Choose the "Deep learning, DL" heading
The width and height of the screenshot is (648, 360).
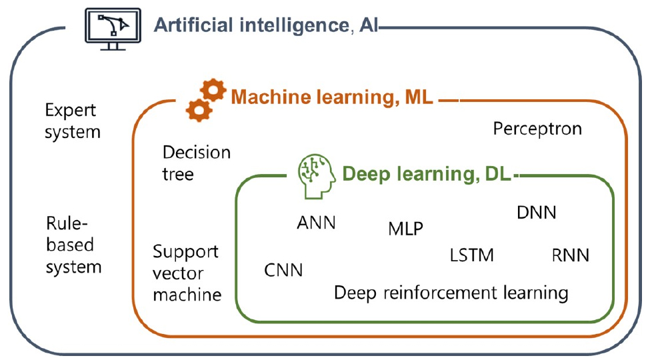[426, 175]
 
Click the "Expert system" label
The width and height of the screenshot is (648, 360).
[72, 121]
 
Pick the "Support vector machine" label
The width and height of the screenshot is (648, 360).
[187, 273]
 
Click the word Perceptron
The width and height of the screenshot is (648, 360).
[537, 128]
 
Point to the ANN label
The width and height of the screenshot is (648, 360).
[316, 222]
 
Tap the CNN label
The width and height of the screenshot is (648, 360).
[283, 270]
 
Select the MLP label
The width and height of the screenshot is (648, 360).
[405, 229]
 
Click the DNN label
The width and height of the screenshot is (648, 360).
[537, 213]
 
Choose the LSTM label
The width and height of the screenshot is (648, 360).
[472, 255]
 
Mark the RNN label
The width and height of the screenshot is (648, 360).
[571, 255]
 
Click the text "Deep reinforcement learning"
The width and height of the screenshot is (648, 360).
[451, 293]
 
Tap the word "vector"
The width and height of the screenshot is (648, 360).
[178, 273]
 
